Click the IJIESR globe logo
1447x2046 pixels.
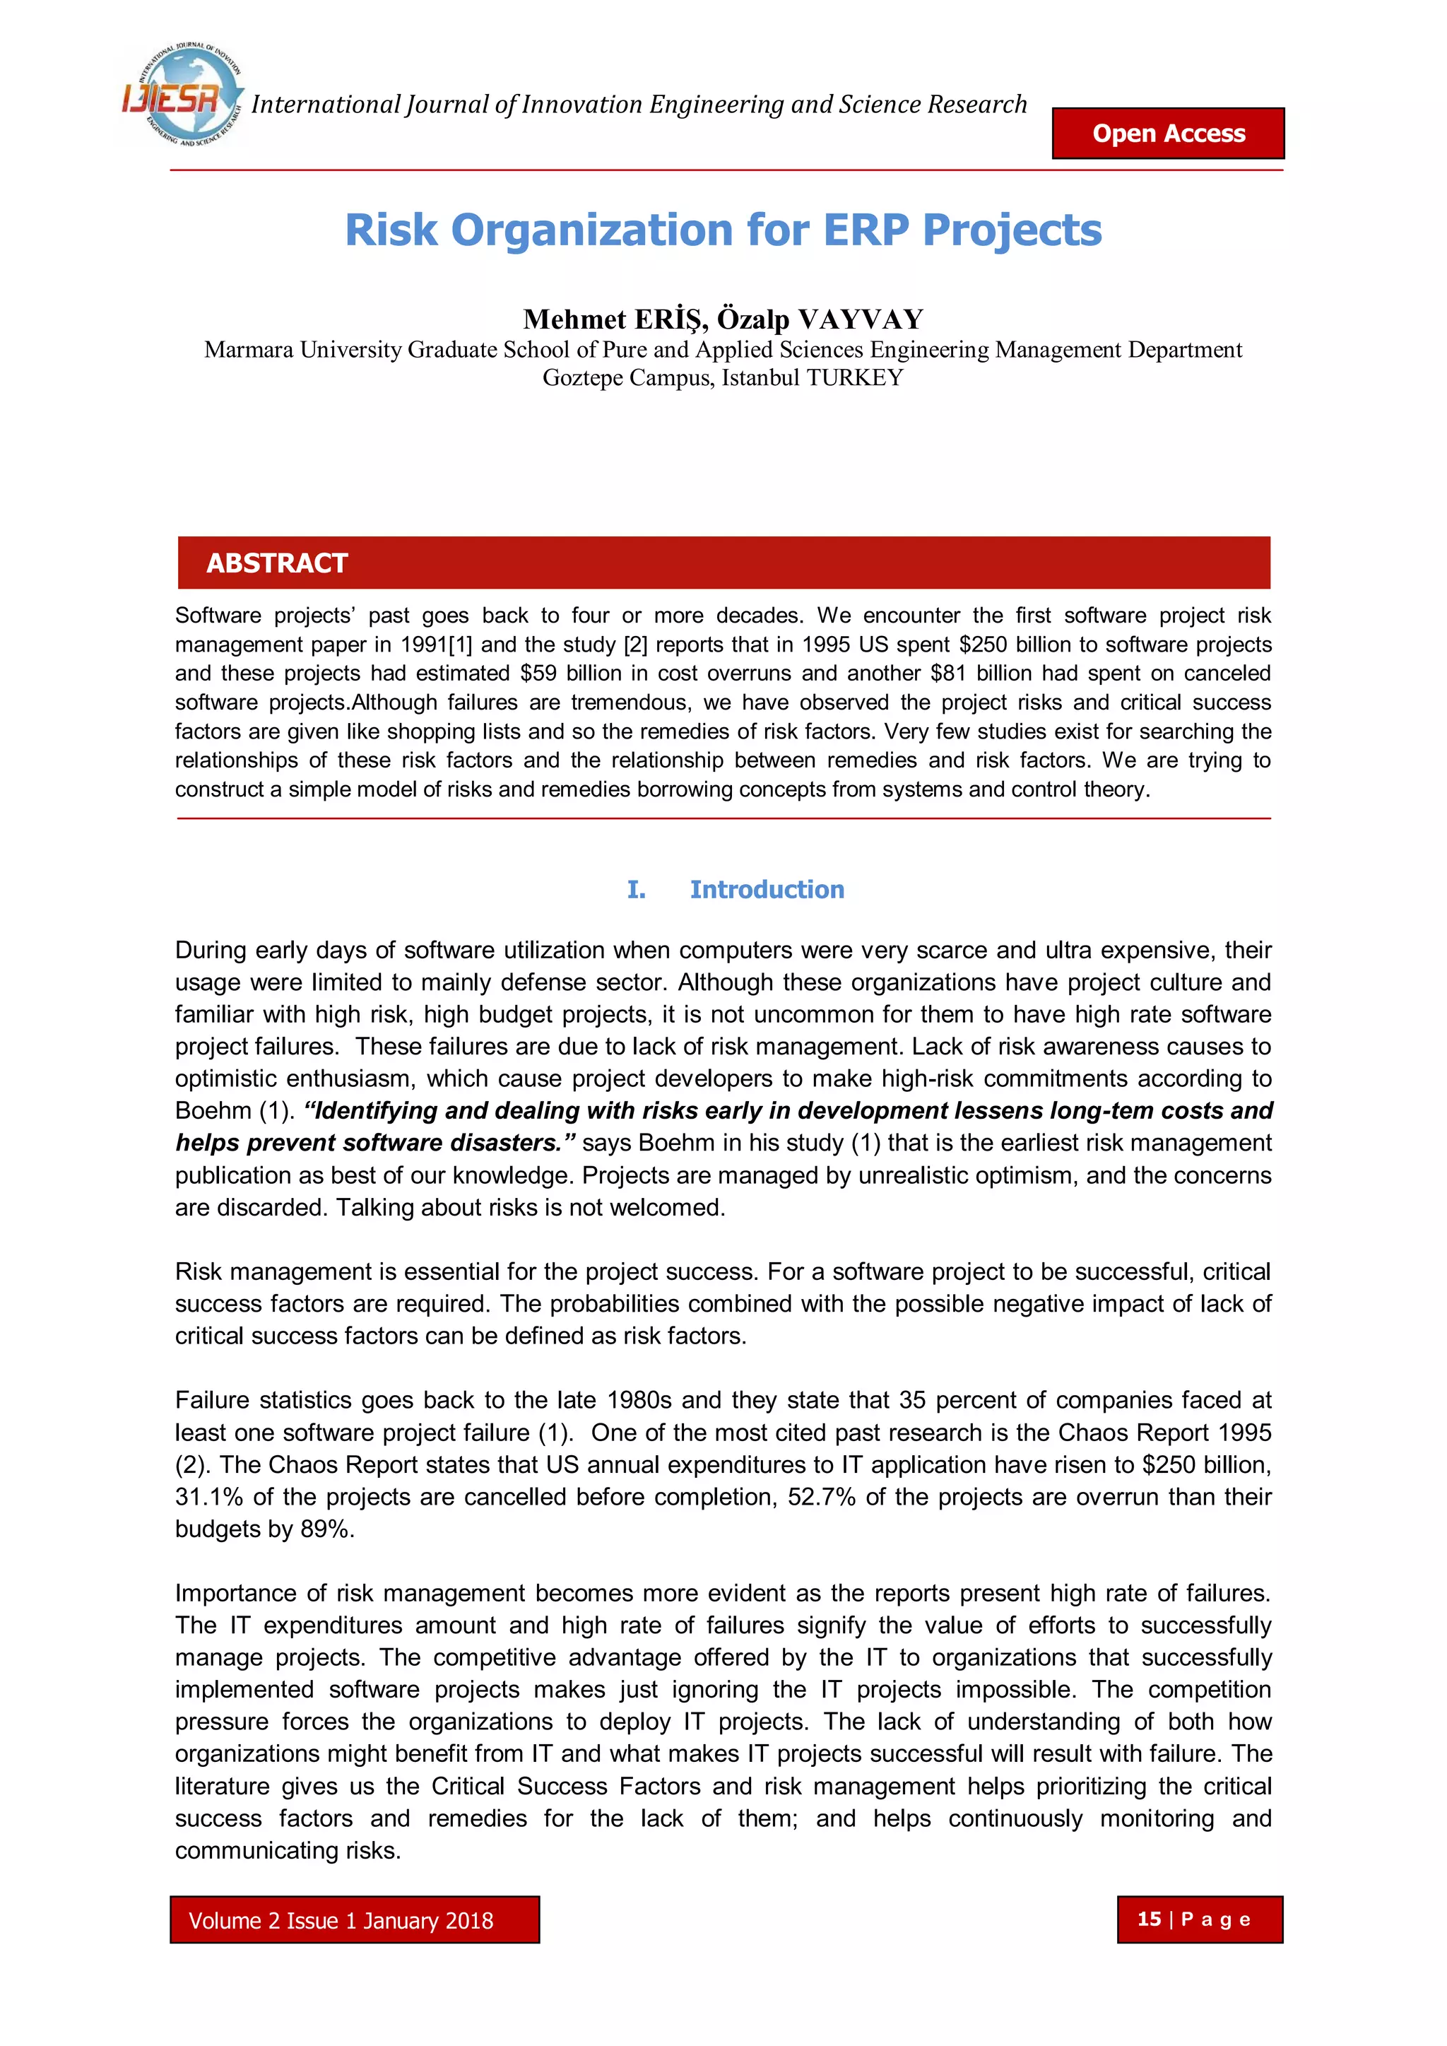click(183, 96)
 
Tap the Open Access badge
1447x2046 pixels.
click(1168, 134)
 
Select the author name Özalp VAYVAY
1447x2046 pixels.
click(820, 319)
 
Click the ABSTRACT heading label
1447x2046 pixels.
click(277, 563)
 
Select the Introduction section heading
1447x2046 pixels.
click(767, 889)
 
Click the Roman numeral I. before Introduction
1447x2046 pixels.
click(636, 889)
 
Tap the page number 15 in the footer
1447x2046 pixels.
click(1150, 1919)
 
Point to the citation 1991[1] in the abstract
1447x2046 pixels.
click(436, 645)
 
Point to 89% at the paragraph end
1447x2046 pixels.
click(327, 1529)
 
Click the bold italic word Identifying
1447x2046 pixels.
click(371, 1111)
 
